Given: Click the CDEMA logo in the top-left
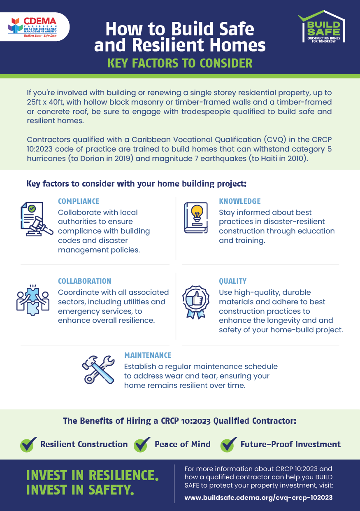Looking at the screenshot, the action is tap(32, 27).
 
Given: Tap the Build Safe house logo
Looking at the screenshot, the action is tap(321, 26).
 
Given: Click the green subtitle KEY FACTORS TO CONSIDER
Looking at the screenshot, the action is tap(180, 63).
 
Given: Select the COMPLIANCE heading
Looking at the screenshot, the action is tap(79, 201).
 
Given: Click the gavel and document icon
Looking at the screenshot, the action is tap(37, 219).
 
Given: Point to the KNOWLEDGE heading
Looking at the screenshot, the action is tap(239, 201).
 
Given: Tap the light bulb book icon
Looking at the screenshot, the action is tap(196, 218).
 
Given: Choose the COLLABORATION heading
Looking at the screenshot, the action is tap(84, 281).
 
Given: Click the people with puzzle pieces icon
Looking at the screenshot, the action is tap(33, 300).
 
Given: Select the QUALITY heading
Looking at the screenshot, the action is tap(232, 281).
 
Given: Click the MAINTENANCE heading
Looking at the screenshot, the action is tap(148, 355).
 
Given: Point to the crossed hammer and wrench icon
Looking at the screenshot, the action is tap(98, 370).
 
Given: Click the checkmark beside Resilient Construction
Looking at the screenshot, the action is tap(28, 444).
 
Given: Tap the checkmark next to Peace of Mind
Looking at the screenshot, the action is tap(142, 444).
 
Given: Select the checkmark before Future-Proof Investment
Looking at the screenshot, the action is tap(229, 444).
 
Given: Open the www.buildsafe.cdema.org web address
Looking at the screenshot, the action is tap(258, 497).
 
